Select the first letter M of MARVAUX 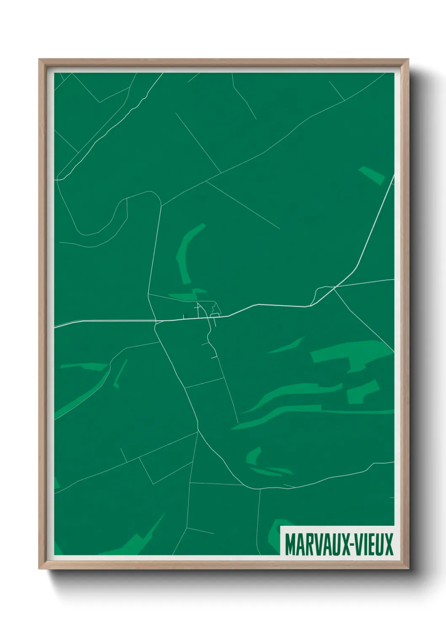(290, 544)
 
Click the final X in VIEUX (388, 544)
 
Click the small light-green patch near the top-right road (372, 175)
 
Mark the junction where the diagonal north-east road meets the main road (311, 306)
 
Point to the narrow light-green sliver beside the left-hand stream (120, 373)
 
